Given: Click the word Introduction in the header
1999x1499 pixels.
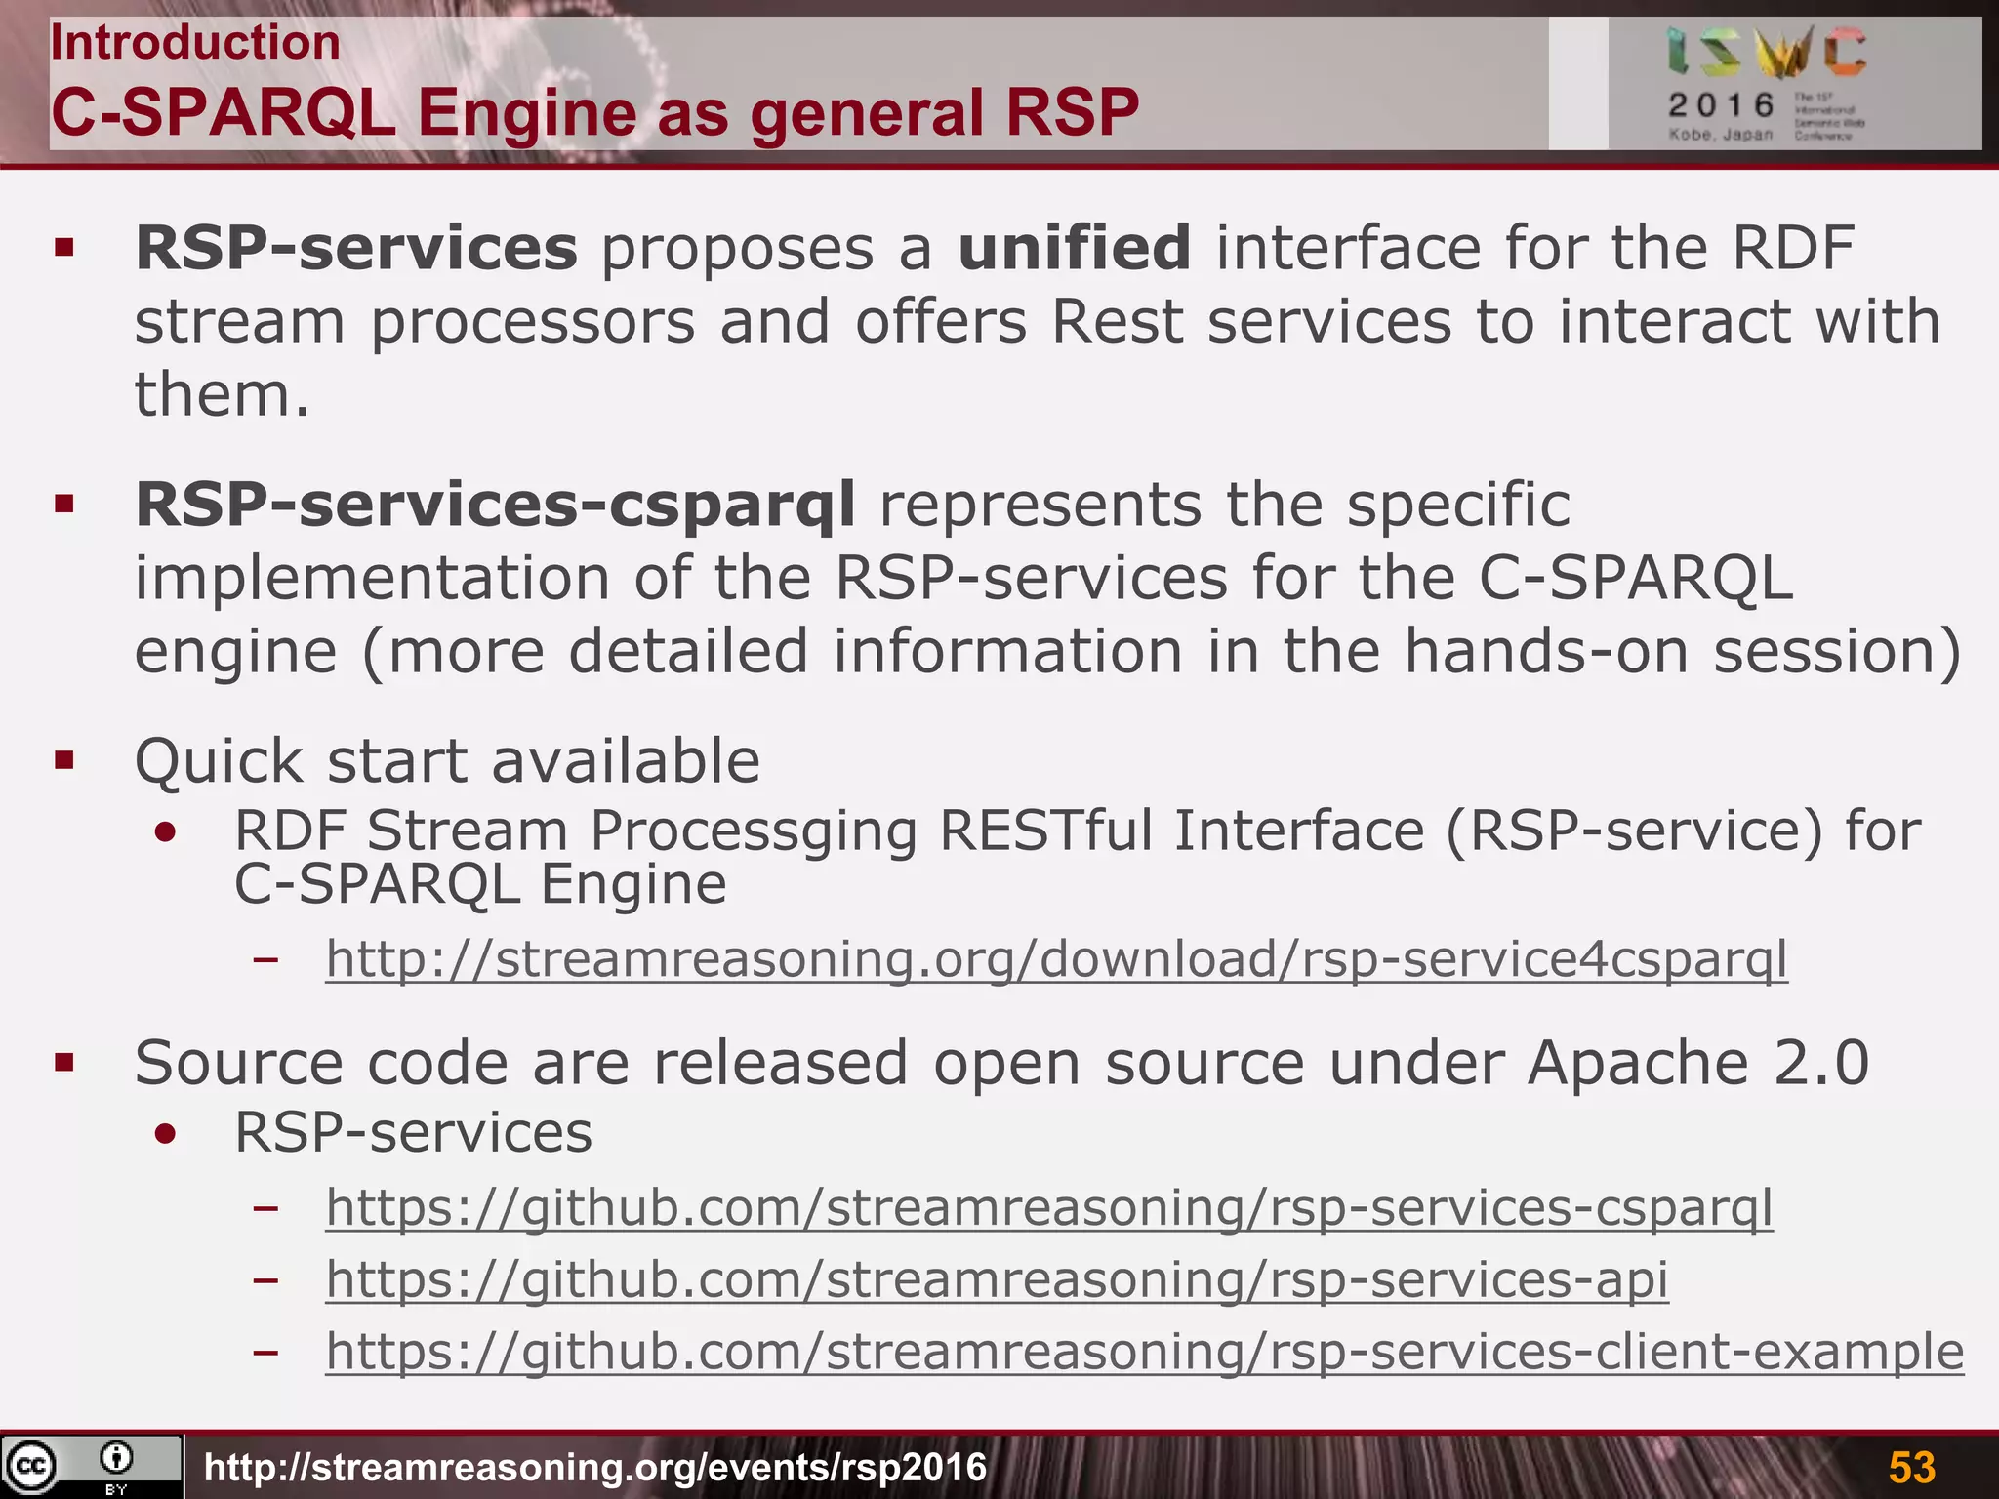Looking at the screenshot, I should pos(195,43).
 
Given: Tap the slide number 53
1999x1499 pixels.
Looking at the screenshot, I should pos(1911,1467).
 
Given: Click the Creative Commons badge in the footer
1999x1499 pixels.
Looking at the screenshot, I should pos(91,1466).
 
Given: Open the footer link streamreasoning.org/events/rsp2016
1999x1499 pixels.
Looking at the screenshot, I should pos(595,1467).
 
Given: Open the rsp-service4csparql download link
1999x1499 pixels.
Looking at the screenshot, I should pos(1056,958).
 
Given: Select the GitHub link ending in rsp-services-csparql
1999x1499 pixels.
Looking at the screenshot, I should pos(1049,1207).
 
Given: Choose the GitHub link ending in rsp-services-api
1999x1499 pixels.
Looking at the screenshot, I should pos(997,1279).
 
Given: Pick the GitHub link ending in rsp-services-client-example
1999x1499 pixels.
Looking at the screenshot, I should pos(1144,1352).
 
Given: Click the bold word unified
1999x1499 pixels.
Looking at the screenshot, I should pos(1074,248).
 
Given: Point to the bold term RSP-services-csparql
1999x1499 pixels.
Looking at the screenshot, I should pos(495,505).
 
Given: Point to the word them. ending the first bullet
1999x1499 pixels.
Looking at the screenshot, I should pos(222,395).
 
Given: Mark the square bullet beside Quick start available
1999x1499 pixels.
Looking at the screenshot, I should pos(65,760).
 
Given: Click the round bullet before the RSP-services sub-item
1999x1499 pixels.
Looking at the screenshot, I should pos(166,1134).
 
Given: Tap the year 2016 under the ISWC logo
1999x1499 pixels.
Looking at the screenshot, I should pos(1721,104).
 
